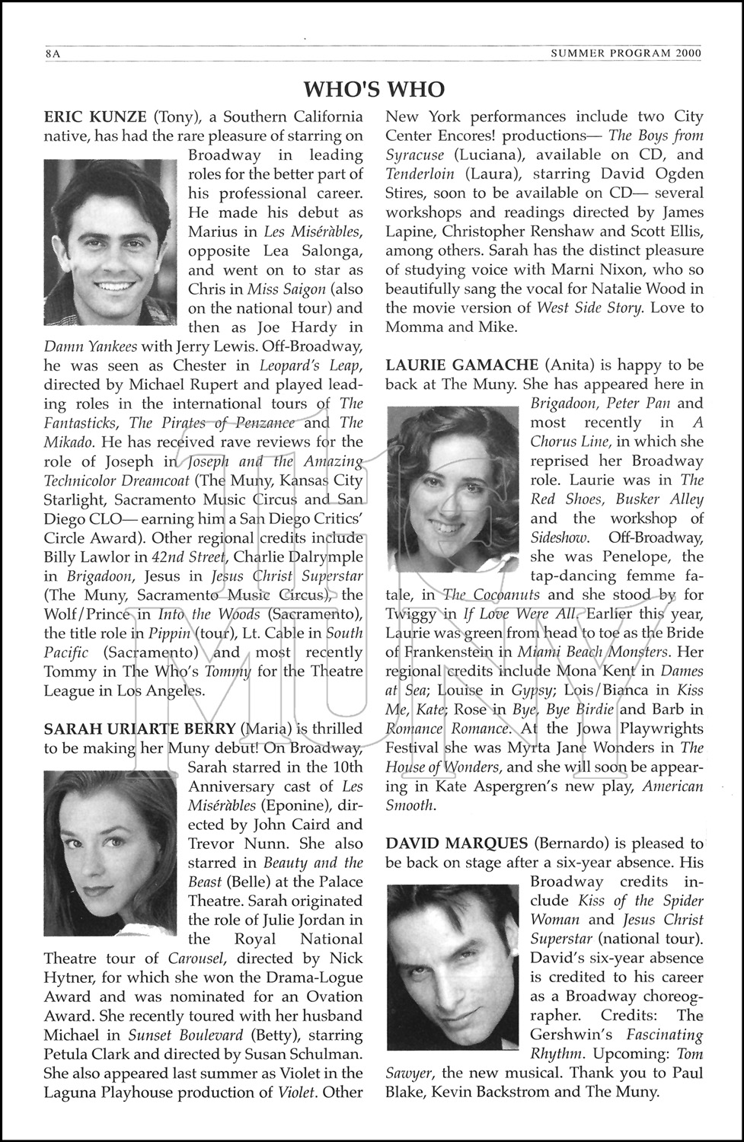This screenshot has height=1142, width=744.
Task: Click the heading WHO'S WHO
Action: [x=373, y=89]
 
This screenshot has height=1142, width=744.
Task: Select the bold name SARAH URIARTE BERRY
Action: [x=139, y=729]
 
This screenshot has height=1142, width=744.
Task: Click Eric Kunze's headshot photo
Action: [x=110, y=243]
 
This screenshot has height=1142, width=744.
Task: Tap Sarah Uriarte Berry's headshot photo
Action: [x=110, y=852]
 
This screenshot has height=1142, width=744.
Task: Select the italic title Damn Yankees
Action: [x=91, y=346]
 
